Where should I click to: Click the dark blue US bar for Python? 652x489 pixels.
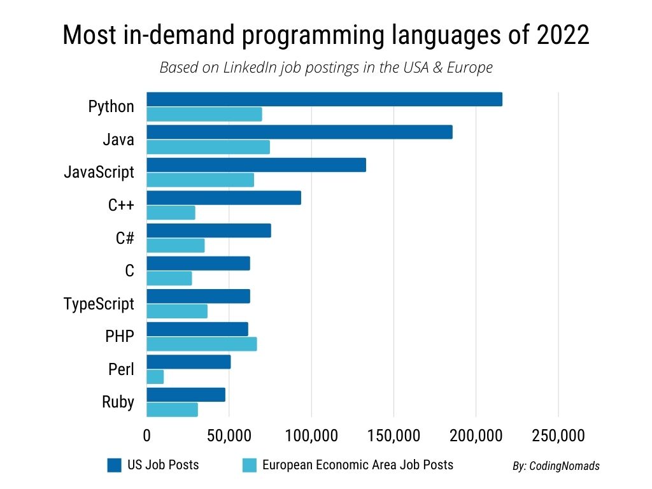(x=324, y=99)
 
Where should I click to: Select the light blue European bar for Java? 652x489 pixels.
(x=208, y=147)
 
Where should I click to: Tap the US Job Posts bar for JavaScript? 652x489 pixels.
(x=256, y=165)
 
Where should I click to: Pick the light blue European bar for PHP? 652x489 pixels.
(x=202, y=344)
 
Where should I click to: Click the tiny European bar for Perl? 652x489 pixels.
(x=155, y=377)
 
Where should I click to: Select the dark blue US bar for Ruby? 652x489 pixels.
(x=186, y=395)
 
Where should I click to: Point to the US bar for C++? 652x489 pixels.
(x=223, y=198)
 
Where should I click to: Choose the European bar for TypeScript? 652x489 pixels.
(x=177, y=311)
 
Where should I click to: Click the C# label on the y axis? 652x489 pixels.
(x=125, y=238)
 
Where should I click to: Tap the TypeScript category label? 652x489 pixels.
(x=99, y=304)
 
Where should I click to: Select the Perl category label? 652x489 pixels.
(x=120, y=370)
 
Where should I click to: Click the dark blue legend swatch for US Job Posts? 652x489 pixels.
(x=114, y=465)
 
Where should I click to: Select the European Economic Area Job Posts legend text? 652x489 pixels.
(x=358, y=465)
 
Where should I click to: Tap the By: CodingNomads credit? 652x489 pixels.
(x=556, y=466)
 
